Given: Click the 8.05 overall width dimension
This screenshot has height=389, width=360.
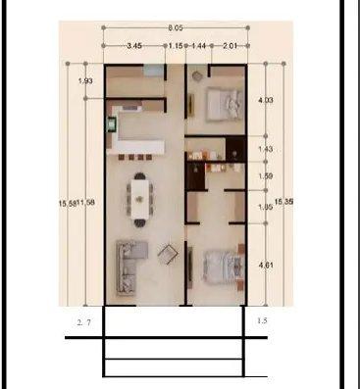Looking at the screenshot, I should tap(174, 28).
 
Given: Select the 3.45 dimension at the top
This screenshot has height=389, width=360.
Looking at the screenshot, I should tap(135, 46).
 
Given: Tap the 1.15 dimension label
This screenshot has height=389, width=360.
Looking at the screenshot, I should tap(175, 46).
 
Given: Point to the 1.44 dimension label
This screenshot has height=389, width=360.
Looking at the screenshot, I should tap(198, 46).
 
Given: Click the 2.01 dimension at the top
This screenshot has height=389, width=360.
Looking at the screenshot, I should tap(229, 46).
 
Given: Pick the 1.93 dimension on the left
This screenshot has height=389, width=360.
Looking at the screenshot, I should tap(84, 81).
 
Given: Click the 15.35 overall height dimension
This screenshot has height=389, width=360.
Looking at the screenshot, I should tap(283, 201).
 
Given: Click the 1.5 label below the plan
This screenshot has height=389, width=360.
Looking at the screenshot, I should tap(261, 320).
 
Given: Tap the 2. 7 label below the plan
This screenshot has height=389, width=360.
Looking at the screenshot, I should tap(83, 320).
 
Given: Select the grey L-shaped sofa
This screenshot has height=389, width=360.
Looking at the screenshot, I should tap(129, 262).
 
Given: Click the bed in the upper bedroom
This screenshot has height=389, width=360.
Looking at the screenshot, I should tap(225, 101).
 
